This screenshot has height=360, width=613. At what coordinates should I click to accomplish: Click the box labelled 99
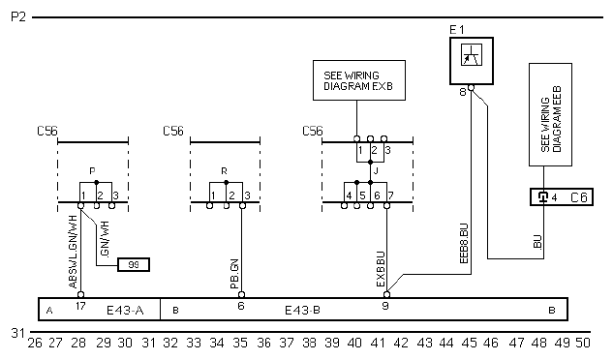134,264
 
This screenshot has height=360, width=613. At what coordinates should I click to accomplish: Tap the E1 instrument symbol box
471,61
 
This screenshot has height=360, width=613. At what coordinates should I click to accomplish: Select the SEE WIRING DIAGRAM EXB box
359,80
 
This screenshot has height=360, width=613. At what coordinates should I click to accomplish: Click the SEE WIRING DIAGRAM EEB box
550,115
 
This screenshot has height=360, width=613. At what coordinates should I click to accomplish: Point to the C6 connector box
562,197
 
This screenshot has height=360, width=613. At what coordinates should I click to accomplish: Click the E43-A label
125,311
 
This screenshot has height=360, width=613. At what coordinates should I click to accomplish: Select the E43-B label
302,311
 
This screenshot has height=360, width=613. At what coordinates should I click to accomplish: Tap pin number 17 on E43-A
80,306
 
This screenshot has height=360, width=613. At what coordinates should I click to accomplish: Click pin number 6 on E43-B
241,306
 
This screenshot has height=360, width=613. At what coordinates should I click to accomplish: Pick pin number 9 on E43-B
385,306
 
